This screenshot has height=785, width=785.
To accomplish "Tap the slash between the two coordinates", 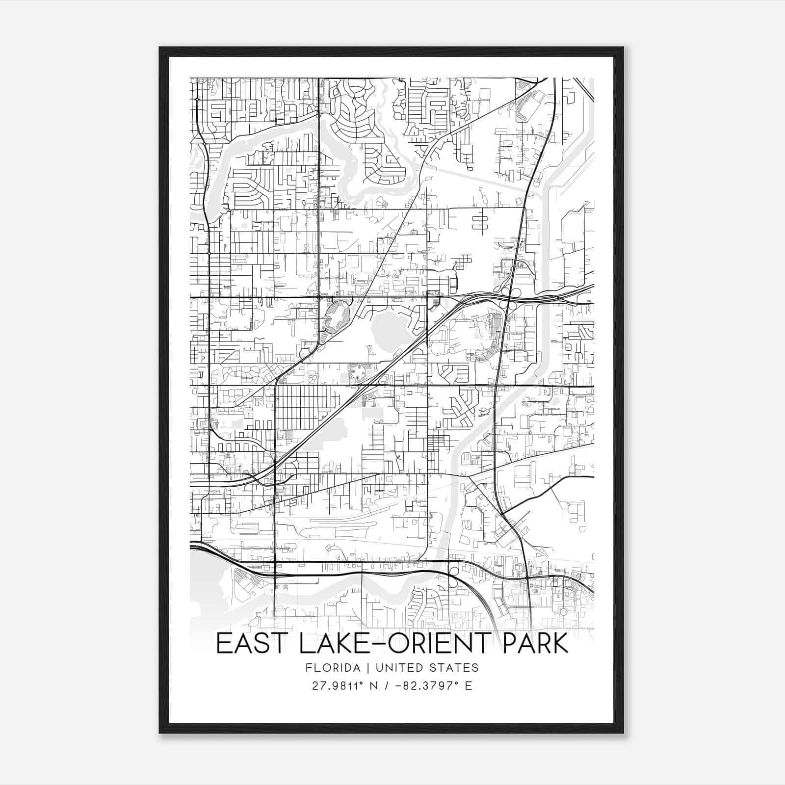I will [x=389, y=685].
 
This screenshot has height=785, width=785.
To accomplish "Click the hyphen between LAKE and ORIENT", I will [x=371, y=645].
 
